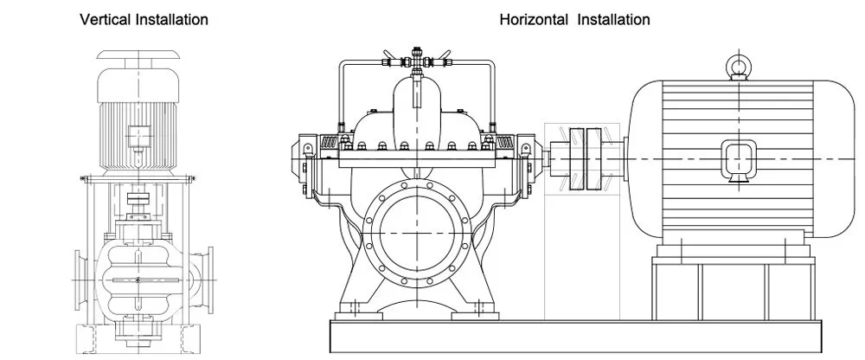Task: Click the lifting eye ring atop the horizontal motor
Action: pyautogui.click(x=737, y=66)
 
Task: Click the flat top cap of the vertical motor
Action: pyautogui.click(x=138, y=53)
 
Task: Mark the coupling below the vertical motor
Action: pyautogui.click(x=138, y=199)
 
